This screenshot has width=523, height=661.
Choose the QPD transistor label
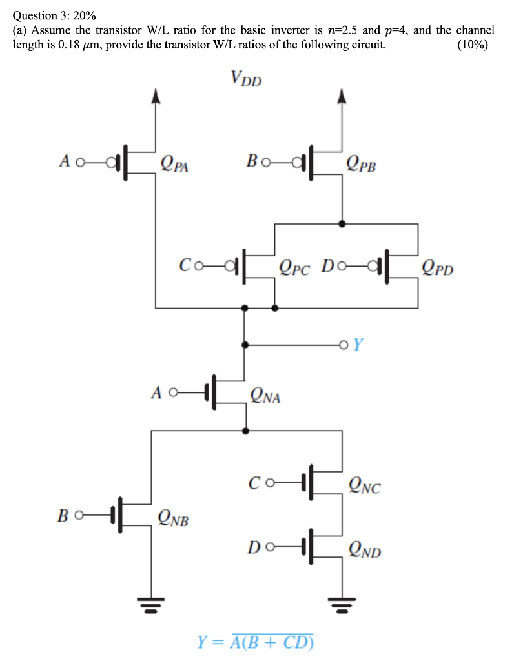(438, 267)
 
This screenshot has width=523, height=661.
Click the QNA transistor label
(265, 395)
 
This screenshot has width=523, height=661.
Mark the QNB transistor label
(174, 516)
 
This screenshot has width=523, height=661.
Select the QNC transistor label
(364, 485)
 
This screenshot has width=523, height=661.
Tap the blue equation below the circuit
(255, 641)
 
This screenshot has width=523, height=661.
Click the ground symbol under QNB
(151, 605)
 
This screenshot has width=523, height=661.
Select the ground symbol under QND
(342, 605)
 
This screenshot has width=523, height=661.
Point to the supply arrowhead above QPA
(154, 96)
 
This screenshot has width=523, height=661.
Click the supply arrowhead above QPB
(342, 96)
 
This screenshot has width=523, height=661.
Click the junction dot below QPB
(342, 223)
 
